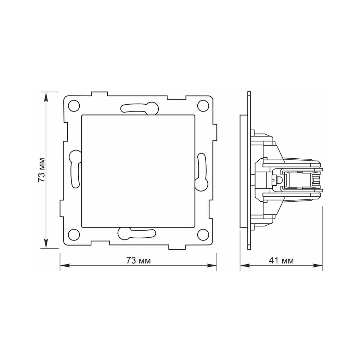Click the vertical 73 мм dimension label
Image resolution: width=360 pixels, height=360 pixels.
click(41, 170)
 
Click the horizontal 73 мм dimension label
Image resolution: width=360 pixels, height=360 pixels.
click(139, 261)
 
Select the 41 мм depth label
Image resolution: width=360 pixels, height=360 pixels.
click(281, 261)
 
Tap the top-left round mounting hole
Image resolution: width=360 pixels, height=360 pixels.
click(74, 106)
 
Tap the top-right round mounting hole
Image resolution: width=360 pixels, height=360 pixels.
click(203, 105)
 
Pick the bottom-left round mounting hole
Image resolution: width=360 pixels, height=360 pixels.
click(74, 235)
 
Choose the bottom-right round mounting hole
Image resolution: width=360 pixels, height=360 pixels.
click(203, 234)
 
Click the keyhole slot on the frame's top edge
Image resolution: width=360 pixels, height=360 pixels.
click(140, 108)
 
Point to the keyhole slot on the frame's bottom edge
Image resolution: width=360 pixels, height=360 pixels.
click(137, 234)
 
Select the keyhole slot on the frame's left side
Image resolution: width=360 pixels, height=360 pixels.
click(75, 169)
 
